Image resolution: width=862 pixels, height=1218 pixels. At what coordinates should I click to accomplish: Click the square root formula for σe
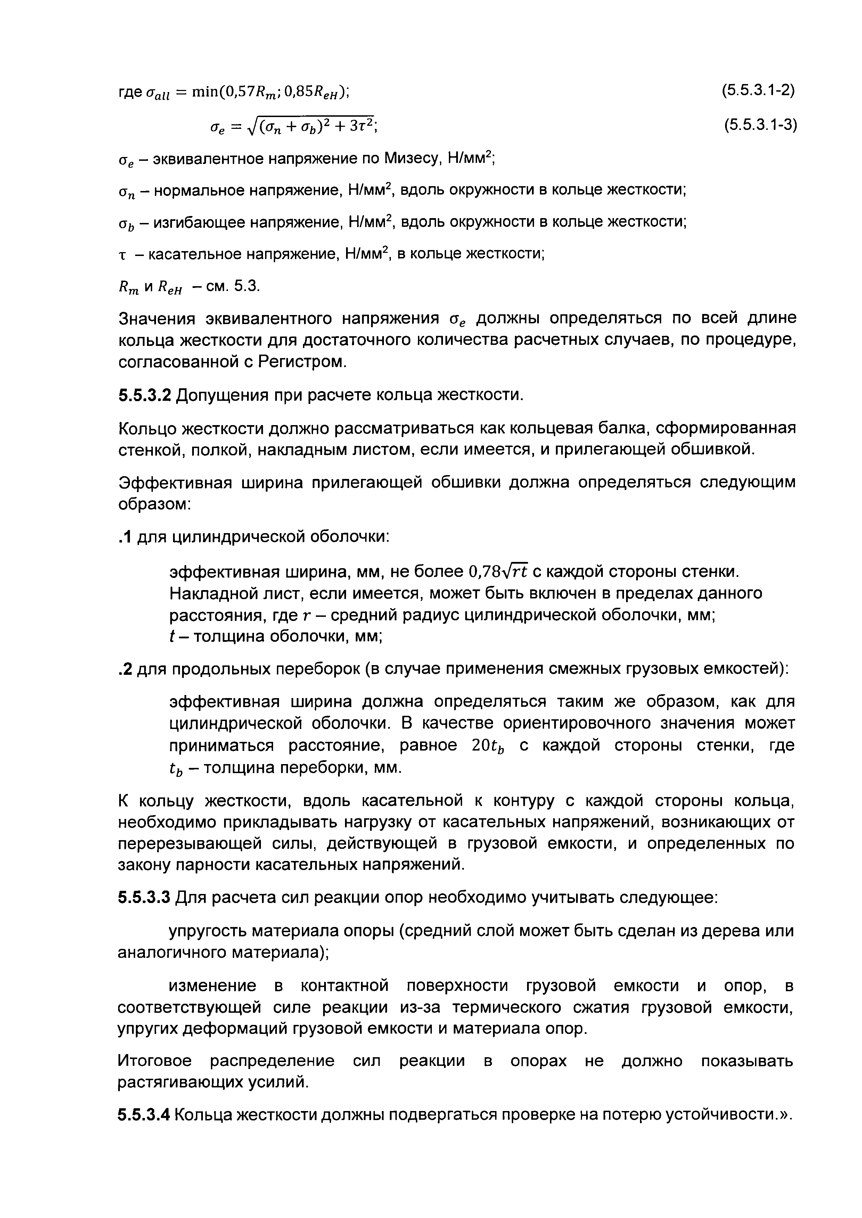(291, 125)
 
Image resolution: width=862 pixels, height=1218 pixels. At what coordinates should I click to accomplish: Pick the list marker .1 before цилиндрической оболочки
(125, 537)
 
